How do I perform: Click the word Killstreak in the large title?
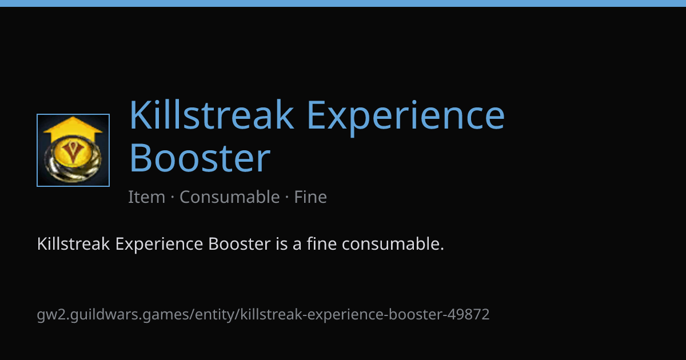click(x=212, y=114)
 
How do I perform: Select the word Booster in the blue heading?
click(x=200, y=158)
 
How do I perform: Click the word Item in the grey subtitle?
click(x=146, y=197)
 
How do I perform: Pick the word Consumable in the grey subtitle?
click(x=230, y=197)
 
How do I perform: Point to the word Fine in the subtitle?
click(x=310, y=197)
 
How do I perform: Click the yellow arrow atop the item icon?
click(x=73, y=129)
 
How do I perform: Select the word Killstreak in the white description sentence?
click(x=73, y=244)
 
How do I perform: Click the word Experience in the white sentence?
click(x=159, y=245)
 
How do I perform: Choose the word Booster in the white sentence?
click(x=239, y=244)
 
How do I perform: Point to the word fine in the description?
click(x=321, y=244)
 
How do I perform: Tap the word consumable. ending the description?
click(x=393, y=244)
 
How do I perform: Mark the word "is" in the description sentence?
click(x=281, y=244)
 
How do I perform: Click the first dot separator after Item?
click(x=173, y=197)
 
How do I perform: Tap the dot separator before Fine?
click(x=287, y=197)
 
